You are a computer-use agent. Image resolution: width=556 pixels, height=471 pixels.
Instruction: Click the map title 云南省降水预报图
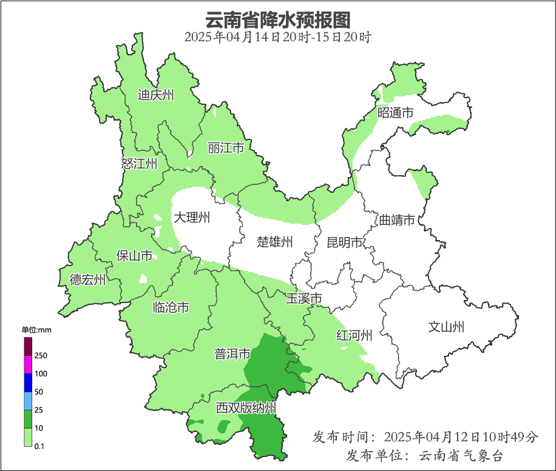coord(277,19)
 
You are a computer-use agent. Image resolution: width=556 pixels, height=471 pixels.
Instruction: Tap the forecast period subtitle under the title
coord(277,36)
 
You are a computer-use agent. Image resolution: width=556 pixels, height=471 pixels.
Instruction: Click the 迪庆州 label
coord(156,95)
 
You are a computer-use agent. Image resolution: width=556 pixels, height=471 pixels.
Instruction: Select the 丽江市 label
coord(225,148)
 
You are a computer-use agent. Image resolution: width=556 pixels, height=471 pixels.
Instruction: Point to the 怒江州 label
coord(139,164)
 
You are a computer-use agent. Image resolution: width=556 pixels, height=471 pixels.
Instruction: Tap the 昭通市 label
coord(395,112)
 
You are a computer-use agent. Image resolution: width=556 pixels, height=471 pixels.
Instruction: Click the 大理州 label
coord(192,218)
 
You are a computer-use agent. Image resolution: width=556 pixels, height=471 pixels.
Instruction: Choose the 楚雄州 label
coord(274,242)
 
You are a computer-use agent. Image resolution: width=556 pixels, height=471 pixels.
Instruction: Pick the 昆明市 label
coord(345,242)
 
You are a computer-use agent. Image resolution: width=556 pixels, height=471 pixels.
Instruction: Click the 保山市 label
coord(134,256)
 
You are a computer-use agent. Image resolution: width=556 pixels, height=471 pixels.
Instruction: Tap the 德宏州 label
coord(87,279)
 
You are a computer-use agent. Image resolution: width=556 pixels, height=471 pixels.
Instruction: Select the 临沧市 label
coord(171,308)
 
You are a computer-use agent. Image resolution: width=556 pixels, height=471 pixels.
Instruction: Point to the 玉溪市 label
coord(303,298)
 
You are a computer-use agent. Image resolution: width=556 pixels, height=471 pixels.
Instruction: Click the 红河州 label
coord(354,335)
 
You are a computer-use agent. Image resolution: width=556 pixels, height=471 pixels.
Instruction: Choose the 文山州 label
coord(446,327)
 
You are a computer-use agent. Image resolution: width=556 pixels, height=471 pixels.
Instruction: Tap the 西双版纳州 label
coord(246,408)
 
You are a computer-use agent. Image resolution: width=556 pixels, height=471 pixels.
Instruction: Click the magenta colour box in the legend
coord(28,364)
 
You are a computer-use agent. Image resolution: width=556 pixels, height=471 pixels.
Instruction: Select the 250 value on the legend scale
coord(41,355)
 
